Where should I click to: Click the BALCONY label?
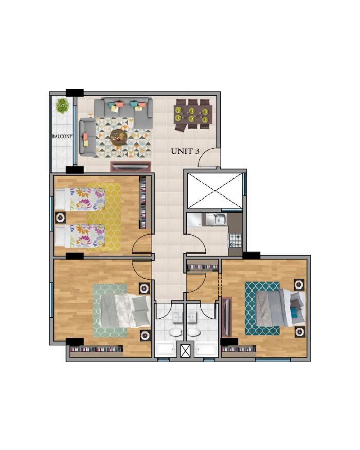click(62, 136)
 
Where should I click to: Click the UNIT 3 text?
click(185, 151)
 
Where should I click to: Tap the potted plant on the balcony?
click(62, 105)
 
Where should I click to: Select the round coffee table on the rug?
click(119, 137)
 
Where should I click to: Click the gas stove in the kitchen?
click(235, 241)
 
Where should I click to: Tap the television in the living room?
click(131, 167)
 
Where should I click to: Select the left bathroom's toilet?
click(175, 332)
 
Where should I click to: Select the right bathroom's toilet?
click(194, 332)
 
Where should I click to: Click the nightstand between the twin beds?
click(60, 217)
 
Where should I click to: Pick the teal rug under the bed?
click(262, 309)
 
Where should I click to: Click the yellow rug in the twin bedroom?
click(104, 217)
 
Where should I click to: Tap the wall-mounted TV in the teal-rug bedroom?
click(227, 317)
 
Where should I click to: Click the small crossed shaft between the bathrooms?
click(185, 350)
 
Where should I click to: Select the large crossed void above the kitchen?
click(215, 191)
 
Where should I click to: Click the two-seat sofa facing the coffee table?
click(87, 137)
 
